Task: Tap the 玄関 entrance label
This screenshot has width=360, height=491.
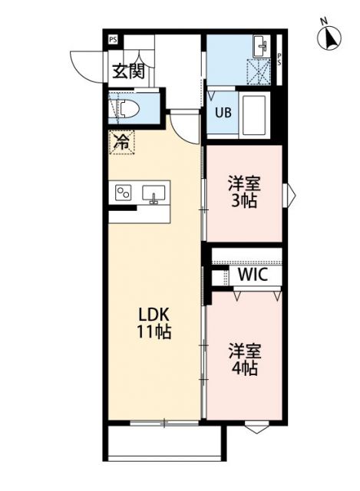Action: coord(128,71)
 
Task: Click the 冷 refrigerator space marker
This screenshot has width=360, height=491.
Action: coord(121,141)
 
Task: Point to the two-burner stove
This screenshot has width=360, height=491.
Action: coord(123,193)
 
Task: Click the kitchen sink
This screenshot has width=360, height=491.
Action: coord(154,193)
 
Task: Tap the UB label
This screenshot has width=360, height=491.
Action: coord(222,113)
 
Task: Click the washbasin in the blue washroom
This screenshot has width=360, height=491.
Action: coord(261,45)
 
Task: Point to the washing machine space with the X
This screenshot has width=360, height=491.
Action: coord(260,72)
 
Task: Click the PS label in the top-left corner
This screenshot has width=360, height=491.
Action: coord(113,39)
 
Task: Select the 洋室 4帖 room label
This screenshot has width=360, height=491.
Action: coord(244,358)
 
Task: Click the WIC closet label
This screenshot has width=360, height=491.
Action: coord(251,275)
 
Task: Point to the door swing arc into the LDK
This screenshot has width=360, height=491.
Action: coord(182,125)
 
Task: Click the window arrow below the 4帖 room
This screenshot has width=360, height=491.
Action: coord(256,428)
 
